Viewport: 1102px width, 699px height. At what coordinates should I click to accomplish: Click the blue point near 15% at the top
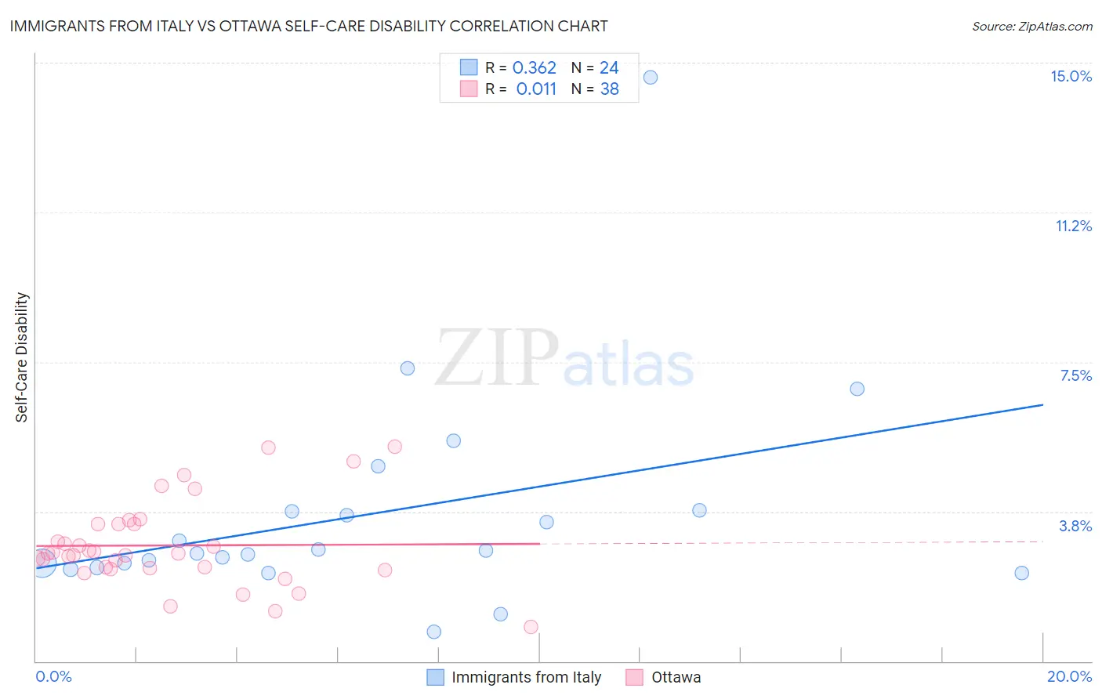(651, 78)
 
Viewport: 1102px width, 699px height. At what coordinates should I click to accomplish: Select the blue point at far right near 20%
(1021, 573)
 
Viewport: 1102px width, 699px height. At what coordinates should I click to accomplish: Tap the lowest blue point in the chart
(433, 632)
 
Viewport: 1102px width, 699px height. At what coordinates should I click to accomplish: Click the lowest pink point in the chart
(531, 627)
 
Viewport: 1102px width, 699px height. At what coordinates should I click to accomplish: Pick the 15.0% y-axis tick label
(1071, 76)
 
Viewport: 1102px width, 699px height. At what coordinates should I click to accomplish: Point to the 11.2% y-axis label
(1073, 226)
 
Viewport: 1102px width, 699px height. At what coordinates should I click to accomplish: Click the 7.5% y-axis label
(1075, 376)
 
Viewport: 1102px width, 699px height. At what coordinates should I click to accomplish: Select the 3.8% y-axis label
(1075, 526)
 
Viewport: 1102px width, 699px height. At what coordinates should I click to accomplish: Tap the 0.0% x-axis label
(53, 676)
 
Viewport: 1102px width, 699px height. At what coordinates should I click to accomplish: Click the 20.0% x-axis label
(1069, 676)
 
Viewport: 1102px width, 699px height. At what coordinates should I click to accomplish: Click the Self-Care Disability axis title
(22, 357)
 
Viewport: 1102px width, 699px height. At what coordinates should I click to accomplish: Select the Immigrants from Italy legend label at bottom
(526, 677)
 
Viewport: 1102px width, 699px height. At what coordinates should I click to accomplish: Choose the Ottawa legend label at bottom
(676, 677)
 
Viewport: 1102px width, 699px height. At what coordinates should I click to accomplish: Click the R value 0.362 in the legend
(534, 68)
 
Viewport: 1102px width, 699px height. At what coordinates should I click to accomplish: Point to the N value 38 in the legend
(609, 89)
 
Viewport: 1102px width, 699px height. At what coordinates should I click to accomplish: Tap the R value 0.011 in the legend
(536, 89)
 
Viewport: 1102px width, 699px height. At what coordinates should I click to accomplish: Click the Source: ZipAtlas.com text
(1031, 27)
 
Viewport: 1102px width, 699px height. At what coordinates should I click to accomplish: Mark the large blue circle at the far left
(42, 563)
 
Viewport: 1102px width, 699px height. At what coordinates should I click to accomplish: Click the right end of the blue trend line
(1042, 405)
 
